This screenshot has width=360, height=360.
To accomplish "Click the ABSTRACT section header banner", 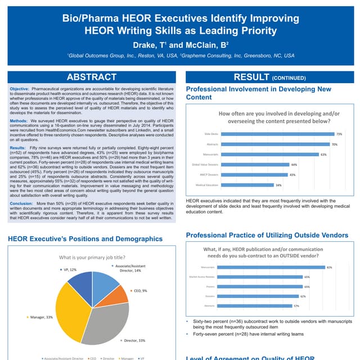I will (92, 77).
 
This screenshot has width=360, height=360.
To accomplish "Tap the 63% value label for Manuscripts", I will (323, 154).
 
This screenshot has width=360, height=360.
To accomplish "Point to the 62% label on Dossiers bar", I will (303, 296).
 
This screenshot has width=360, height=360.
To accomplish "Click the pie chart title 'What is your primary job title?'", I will (92, 257).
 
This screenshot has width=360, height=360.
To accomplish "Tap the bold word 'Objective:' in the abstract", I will (21, 89).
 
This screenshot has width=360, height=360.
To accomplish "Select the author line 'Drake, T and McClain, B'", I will (180, 44).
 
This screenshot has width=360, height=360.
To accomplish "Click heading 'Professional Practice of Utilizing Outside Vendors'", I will (267, 235).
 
